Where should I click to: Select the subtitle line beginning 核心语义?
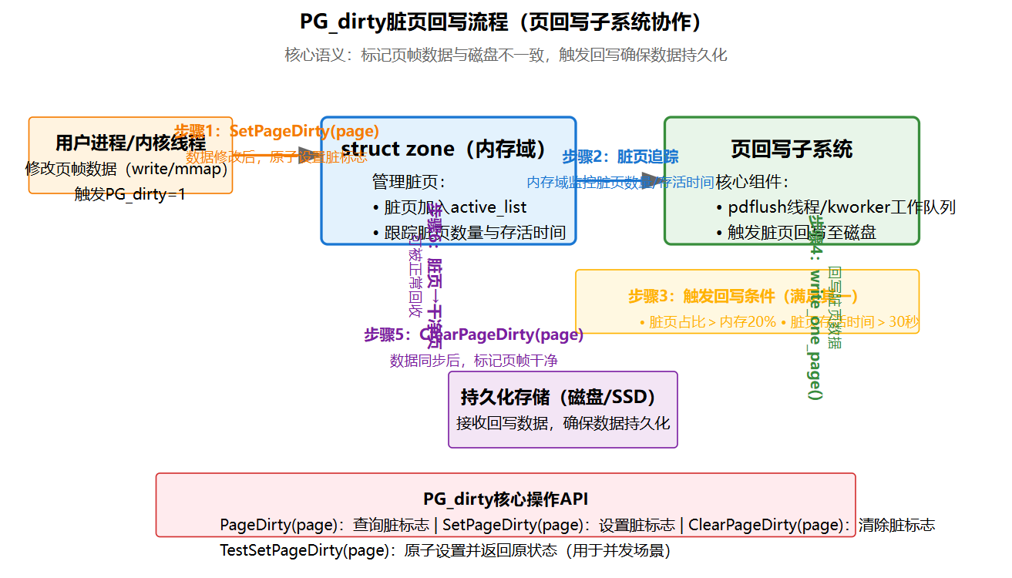(506, 55)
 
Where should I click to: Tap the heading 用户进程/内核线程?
(130, 143)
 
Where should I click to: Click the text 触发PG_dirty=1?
(130, 194)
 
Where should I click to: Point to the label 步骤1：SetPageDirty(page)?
(277, 131)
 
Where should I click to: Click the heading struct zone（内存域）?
(448, 149)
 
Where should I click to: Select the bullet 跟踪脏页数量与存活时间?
(475, 233)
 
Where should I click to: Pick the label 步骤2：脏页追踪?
(620, 157)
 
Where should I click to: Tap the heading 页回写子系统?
(792, 149)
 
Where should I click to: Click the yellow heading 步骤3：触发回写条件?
(744, 297)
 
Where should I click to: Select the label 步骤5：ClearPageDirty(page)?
(474, 335)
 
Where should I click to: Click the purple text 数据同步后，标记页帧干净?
(474, 361)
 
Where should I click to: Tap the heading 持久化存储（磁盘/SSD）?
(563, 398)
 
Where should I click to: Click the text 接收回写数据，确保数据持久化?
(563, 423)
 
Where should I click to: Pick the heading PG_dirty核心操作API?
(506, 499)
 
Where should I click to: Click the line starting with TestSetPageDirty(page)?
(445, 551)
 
